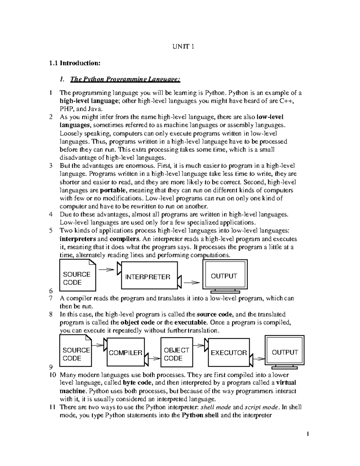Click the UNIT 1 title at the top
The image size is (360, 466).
click(183, 47)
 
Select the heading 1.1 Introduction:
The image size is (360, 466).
click(75, 63)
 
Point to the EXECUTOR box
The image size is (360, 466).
click(229, 353)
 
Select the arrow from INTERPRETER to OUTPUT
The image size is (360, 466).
click(192, 282)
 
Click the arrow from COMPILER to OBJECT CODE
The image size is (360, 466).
click(154, 358)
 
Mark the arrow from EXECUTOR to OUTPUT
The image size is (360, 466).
click(259, 358)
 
